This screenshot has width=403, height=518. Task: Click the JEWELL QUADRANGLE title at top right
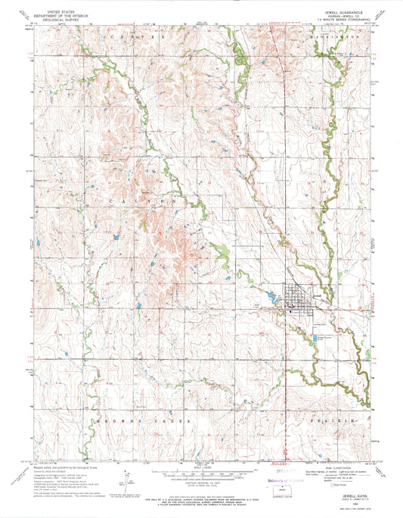(330, 12)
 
